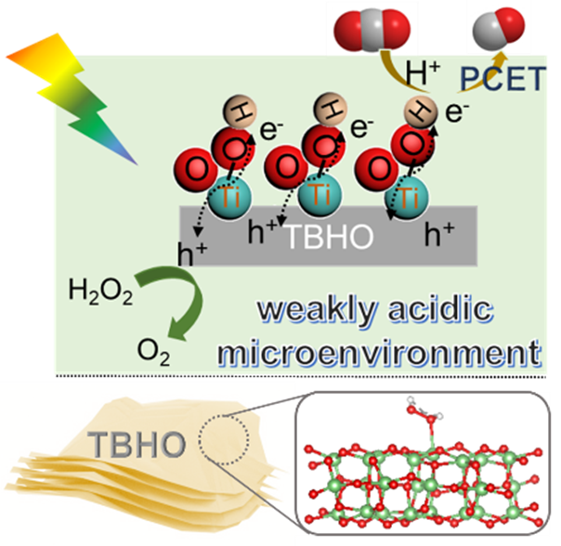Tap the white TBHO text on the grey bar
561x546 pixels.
(x=331, y=238)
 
